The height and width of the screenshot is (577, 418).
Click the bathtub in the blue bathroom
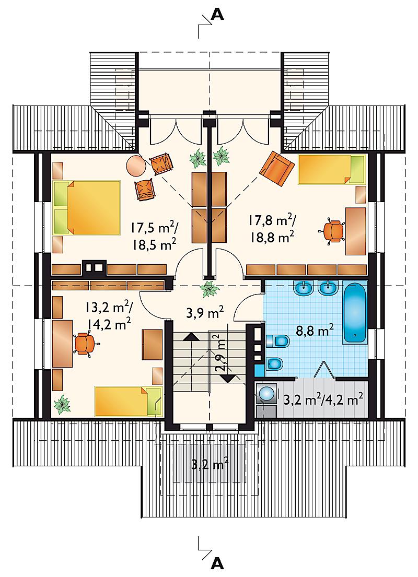pos(355,312)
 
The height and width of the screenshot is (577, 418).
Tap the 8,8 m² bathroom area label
pos(315,329)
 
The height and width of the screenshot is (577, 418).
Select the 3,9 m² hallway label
pos(205,314)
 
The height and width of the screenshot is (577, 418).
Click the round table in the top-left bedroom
pos(136,166)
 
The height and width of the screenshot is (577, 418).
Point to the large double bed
pos(87,207)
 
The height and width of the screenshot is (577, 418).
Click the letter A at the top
pos(218,14)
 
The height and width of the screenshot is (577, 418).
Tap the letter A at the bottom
pos(218,563)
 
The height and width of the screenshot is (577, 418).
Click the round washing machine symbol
pos(266,394)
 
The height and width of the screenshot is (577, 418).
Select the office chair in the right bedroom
pos(333,231)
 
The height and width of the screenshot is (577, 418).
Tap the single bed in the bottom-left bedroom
pos(129,401)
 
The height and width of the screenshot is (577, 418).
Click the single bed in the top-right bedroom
pos(331,170)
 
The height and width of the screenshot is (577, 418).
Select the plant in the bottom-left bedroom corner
pos(62,404)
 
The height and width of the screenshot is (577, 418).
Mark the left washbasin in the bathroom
pos(304,287)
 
